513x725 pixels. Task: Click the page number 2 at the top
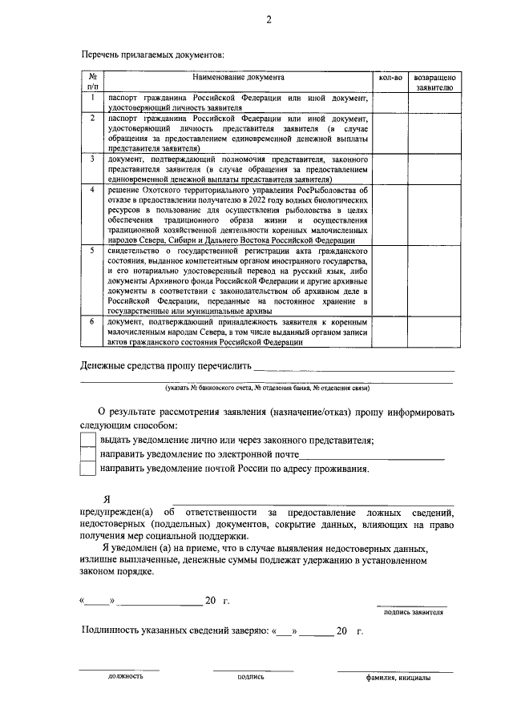pos(269,20)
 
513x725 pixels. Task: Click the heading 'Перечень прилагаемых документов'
pos(152,55)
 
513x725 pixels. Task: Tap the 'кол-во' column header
pos(389,78)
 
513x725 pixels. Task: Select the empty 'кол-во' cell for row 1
pos(389,102)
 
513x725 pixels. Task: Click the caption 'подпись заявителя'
pos(413,612)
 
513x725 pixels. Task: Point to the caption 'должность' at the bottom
pos(125,677)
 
